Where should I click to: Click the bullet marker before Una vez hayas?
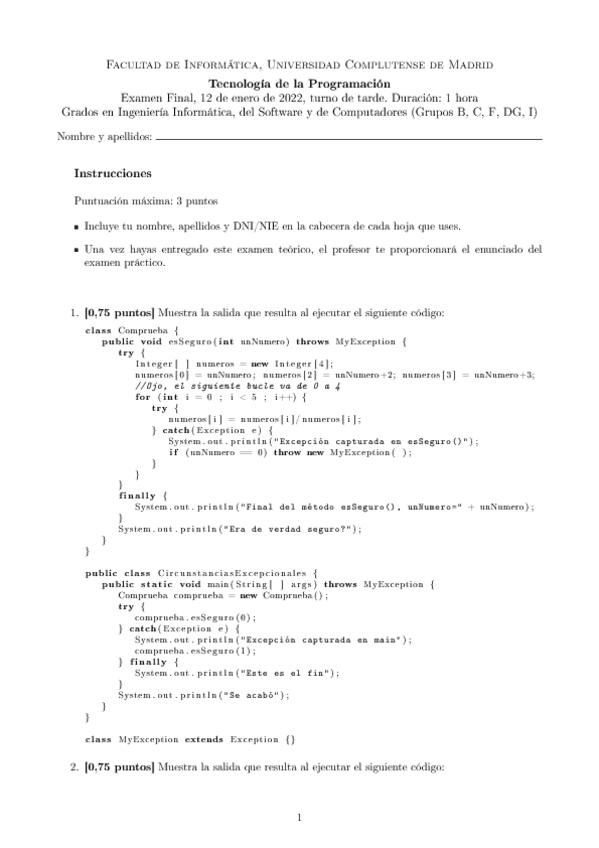click(x=78, y=248)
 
